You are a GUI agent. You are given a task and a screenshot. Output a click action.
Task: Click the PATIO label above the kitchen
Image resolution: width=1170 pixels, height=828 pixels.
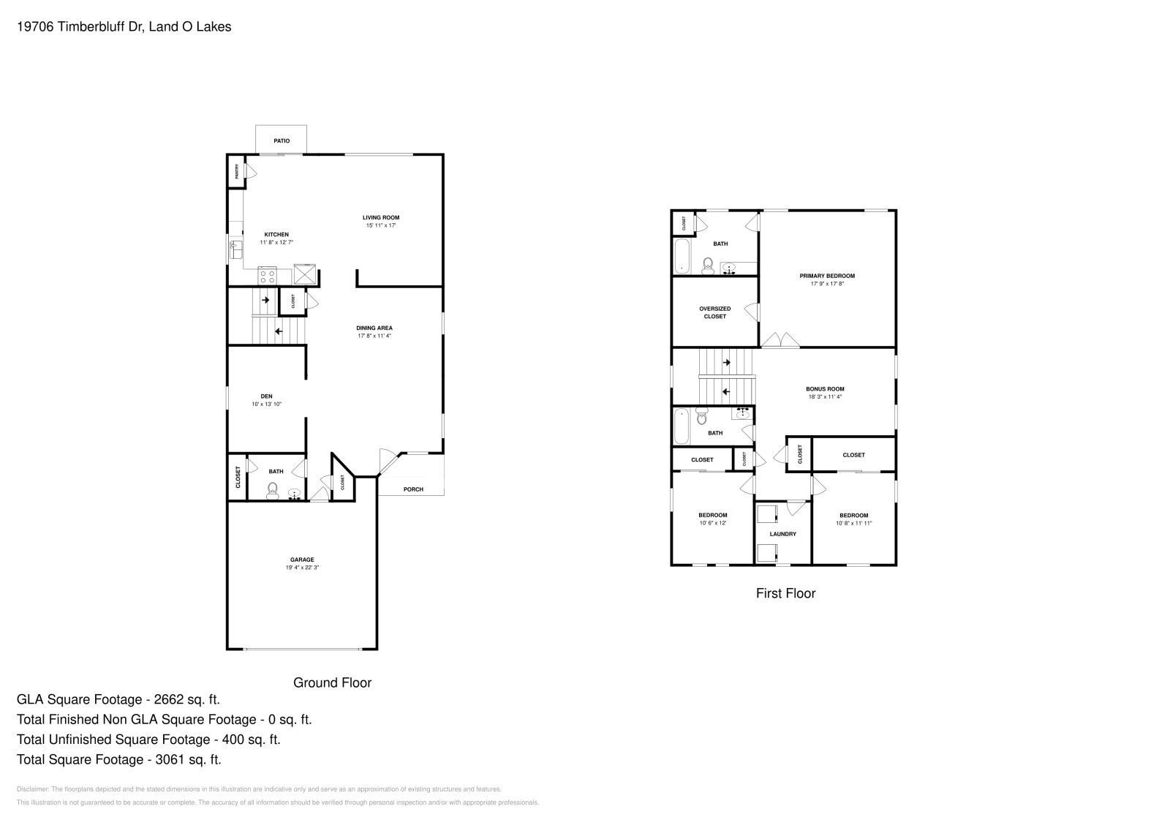pyautogui.click(x=282, y=140)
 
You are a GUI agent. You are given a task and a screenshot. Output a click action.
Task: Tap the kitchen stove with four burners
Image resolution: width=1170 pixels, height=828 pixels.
pyautogui.click(x=267, y=276)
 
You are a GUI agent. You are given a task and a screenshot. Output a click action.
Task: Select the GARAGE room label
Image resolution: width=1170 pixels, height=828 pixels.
pyautogui.click(x=302, y=560)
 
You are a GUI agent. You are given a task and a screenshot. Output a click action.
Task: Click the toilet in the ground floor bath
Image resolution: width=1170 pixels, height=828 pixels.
pyautogui.click(x=273, y=489)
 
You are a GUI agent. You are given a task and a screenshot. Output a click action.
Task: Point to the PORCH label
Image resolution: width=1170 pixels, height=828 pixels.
pyautogui.click(x=413, y=489)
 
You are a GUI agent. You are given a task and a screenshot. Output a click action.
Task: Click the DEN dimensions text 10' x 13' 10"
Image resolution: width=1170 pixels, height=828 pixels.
pyautogui.click(x=266, y=404)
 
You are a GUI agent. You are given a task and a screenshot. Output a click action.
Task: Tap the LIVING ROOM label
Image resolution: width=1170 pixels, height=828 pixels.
pyautogui.click(x=381, y=217)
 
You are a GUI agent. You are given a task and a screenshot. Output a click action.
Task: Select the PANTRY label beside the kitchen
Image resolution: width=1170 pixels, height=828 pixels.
pyautogui.click(x=236, y=171)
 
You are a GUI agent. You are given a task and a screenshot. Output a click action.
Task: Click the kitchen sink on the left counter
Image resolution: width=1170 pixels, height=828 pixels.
pyautogui.click(x=236, y=249)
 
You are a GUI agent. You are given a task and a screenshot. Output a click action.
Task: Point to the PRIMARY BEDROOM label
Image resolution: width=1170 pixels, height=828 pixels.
pyautogui.click(x=827, y=276)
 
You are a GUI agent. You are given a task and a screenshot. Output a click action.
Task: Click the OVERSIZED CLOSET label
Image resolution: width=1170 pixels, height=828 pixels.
pyautogui.click(x=714, y=312)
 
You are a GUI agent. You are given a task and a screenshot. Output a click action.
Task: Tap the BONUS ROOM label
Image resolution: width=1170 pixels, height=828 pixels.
pyautogui.click(x=825, y=389)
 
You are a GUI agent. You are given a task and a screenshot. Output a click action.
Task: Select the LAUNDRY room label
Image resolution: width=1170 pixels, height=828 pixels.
pyautogui.click(x=782, y=534)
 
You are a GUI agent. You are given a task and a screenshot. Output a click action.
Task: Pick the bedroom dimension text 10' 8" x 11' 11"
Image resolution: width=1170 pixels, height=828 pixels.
pyautogui.click(x=853, y=523)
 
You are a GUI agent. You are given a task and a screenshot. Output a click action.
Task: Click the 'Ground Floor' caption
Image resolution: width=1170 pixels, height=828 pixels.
pyautogui.click(x=332, y=682)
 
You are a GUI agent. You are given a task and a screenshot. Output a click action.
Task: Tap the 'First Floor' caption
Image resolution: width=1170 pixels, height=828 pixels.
pyautogui.click(x=785, y=593)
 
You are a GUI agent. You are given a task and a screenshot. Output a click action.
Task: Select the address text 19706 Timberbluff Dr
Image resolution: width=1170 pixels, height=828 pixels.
pyautogui.click(x=80, y=27)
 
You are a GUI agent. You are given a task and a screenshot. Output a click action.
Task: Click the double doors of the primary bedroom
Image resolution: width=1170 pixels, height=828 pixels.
pyautogui.click(x=780, y=340)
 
